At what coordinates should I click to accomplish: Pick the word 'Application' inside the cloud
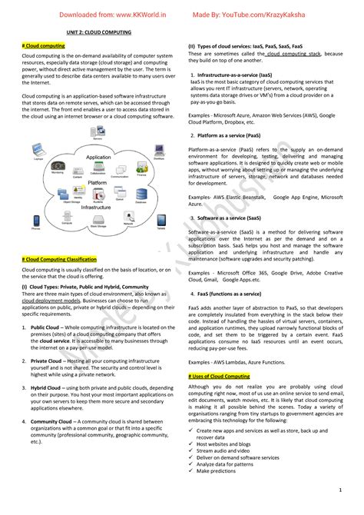point(98,157)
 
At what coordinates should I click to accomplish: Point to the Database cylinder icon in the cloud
point(141,196)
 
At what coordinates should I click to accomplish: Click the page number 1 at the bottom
point(339,489)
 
